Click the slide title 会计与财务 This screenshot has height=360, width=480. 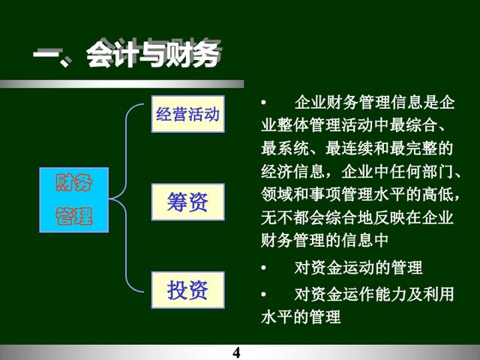coord(153,55)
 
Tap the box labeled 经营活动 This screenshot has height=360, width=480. coord(188,114)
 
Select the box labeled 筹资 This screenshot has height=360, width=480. coord(188,202)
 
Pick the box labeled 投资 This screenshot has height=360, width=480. coord(188,290)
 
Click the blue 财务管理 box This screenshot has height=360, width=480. coord(73,199)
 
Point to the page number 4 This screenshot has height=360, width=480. coord(236,352)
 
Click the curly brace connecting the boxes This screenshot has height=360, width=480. coord(126,198)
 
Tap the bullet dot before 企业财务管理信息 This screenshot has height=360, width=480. coord(263,102)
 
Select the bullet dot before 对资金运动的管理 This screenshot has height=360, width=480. coord(263,268)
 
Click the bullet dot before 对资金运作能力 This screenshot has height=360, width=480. coord(263,294)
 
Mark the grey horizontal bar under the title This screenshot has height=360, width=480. coord(121,84)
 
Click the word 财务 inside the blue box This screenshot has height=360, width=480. coord(73,182)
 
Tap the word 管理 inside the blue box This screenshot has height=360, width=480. coord(73,216)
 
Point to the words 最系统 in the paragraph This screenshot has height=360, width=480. coord(285,148)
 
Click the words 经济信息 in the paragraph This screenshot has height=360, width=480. coord(293,171)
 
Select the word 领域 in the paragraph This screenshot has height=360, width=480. coord(277,194)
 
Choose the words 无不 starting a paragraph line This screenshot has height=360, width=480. coord(277,217)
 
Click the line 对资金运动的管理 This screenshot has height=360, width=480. coord(358,268)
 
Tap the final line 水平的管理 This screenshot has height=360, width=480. coord(301,316)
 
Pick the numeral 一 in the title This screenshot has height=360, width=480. coord(46,54)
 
